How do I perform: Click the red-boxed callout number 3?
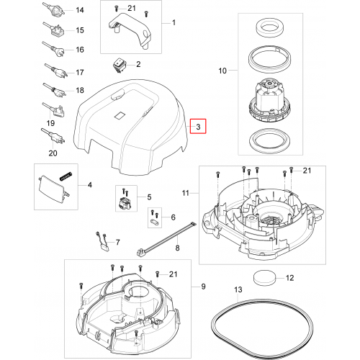click(x=198, y=127)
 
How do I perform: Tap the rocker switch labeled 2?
click(x=119, y=65)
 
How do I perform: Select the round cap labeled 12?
click(x=264, y=278)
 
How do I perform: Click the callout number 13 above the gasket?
click(x=238, y=289)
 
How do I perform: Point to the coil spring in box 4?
click(x=66, y=176)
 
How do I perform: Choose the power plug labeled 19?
click(x=54, y=110)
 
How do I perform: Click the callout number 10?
click(x=222, y=71)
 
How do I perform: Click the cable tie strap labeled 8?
click(x=167, y=239)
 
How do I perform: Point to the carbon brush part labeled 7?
click(x=103, y=241)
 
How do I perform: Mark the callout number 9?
click(x=203, y=287)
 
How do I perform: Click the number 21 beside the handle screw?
click(x=132, y=9)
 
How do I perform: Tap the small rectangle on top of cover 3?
click(x=120, y=115)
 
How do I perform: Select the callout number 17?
click(x=80, y=72)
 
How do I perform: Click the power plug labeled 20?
click(x=53, y=136)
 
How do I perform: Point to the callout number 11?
click(x=186, y=193)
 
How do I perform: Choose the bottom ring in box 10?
click(x=269, y=140)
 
